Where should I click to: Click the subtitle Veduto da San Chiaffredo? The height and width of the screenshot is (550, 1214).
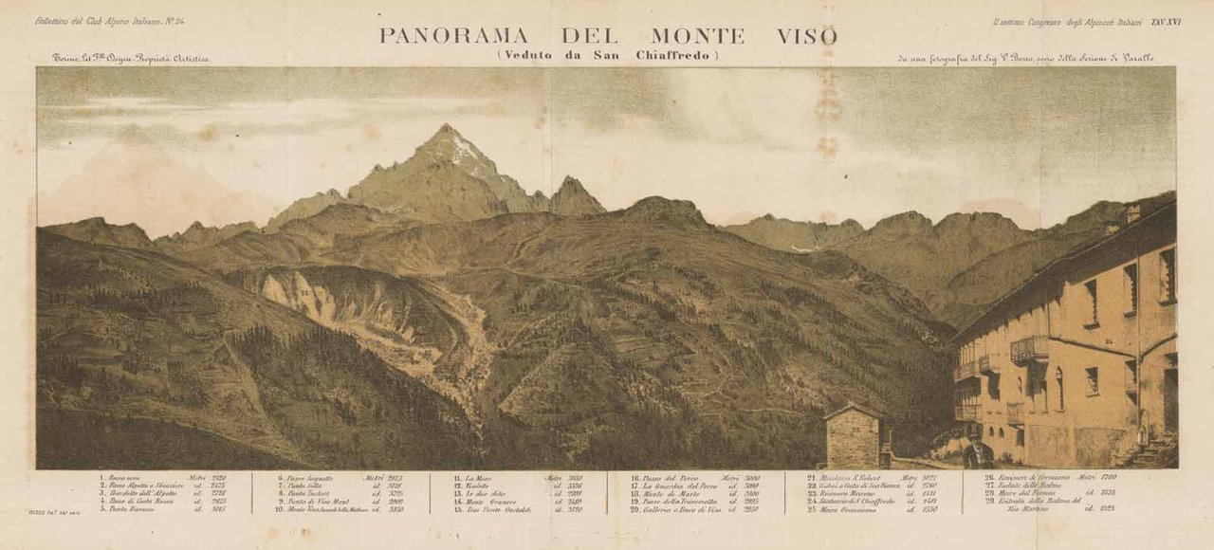coord(607,55)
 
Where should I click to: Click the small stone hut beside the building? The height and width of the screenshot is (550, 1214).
coord(854,437)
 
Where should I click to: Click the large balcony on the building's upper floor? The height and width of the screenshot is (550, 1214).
coord(1029,349)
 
